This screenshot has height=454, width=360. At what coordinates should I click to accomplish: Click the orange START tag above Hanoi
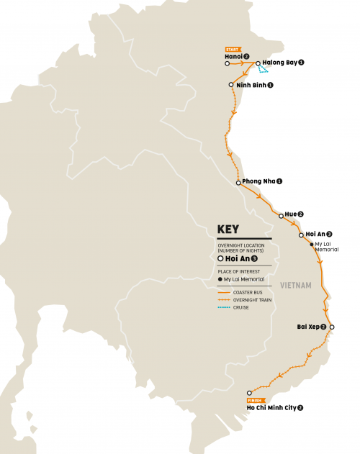click(x=234, y=50)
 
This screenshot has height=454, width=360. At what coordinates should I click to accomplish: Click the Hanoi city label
click(x=233, y=57)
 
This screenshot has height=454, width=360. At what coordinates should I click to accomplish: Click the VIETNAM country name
click(x=296, y=286)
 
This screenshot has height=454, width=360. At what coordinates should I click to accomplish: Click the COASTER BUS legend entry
click(x=246, y=293)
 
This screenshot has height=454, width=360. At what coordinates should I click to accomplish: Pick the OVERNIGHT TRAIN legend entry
click(x=248, y=300)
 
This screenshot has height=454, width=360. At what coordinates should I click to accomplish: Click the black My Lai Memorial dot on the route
click(x=310, y=245)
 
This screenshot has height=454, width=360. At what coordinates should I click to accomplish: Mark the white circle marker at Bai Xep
click(x=332, y=327)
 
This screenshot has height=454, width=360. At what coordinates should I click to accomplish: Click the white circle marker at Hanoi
click(x=228, y=63)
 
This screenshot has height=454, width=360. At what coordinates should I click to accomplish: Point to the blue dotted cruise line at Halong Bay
click(x=265, y=69)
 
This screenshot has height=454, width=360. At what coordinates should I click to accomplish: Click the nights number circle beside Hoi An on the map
click(x=329, y=234)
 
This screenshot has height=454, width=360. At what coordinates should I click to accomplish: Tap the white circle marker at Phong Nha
click(x=238, y=182)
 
